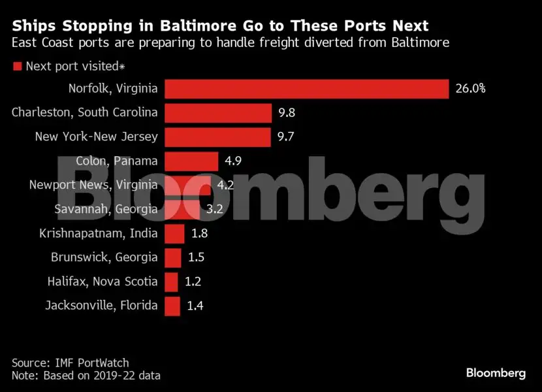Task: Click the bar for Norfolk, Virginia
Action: (x=306, y=89)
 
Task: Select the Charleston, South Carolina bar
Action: (x=217, y=113)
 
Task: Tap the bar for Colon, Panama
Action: (x=191, y=161)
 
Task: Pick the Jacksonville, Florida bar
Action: (x=172, y=305)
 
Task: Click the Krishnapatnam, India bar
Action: (x=174, y=233)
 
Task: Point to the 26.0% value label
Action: (x=470, y=89)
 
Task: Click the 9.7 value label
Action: (x=287, y=137)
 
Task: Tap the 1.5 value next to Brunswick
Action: (x=196, y=257)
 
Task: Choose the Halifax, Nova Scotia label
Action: (x=103, y=282)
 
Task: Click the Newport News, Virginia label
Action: (x=93, y=185)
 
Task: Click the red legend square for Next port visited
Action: (x=18, y=66)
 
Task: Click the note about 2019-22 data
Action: (x=86, y=376)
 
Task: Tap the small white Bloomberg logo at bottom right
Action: (x=496, y=373)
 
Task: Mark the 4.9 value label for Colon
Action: (x=234, y=161)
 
